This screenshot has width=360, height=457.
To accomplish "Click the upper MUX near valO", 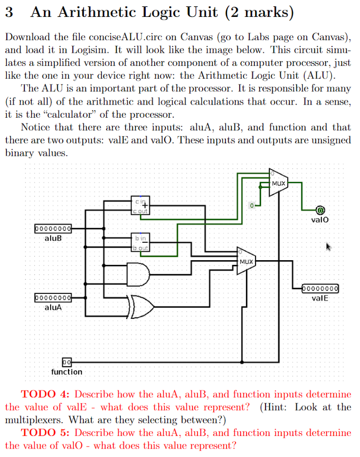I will [x=278, y=183].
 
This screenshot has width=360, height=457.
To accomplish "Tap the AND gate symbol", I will [x=138, y=272].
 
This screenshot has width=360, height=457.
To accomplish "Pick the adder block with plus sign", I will [x=141, y=205].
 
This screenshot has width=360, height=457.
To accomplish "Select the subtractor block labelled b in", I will [x=141, y=243].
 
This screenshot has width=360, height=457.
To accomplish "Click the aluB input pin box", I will [x=53, y=229].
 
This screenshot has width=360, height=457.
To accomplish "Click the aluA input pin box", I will [x=53, y=298].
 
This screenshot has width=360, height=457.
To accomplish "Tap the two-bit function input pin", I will [x=67, y=363].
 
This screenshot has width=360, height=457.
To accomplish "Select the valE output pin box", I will [x=320, y=289].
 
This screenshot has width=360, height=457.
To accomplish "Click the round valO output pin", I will [x=319, y=210].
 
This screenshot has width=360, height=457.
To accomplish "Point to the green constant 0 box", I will [x=252, y=204].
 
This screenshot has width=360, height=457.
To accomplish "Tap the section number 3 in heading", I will [x=9, y=13].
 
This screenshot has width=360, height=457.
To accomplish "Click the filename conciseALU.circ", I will [x=116, y=37].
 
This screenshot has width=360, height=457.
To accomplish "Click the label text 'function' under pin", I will [x=67, y=372].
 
